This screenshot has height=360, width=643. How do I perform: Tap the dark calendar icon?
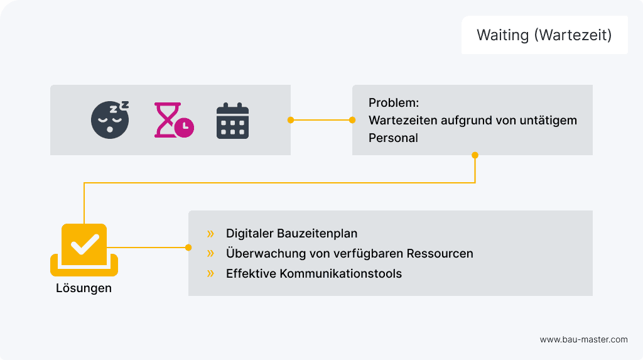[232, 120]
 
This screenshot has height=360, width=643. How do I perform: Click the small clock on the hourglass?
[185, 128]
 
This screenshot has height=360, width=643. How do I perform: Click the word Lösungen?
[84, 288]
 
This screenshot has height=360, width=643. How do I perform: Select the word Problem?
[394, 102]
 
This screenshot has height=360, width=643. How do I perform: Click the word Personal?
[393, 138]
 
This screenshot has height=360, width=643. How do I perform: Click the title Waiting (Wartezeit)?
[544, 35]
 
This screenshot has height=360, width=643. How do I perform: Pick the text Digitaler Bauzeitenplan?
[291, 234]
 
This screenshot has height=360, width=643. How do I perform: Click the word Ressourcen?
[440, 254]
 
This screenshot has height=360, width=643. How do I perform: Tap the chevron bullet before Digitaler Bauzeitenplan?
[210, 234]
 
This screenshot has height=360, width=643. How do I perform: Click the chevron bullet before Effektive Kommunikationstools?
[210, 273]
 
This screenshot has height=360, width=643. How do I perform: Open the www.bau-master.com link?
[583, 339]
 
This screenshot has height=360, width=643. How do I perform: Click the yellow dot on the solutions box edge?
[188, 248]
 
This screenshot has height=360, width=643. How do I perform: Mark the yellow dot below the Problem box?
[475, 155]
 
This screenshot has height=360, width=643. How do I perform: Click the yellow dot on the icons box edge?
[290, 119]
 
